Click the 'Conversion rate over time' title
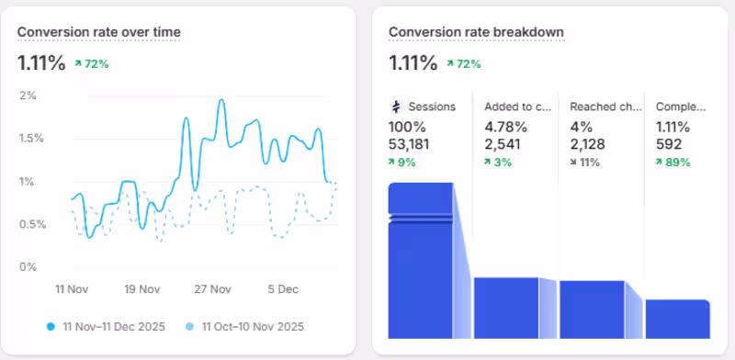tap(99, 32)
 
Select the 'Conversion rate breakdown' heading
tap(476, 32)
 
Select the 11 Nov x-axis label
tap(71, 289)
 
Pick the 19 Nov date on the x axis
tap(141, 289)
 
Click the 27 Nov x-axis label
tap(212, 289)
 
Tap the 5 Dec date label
tap(283, 289)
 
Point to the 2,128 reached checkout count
tap(588, 143)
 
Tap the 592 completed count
tap(668, 143)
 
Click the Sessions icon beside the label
tap(397, 107)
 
